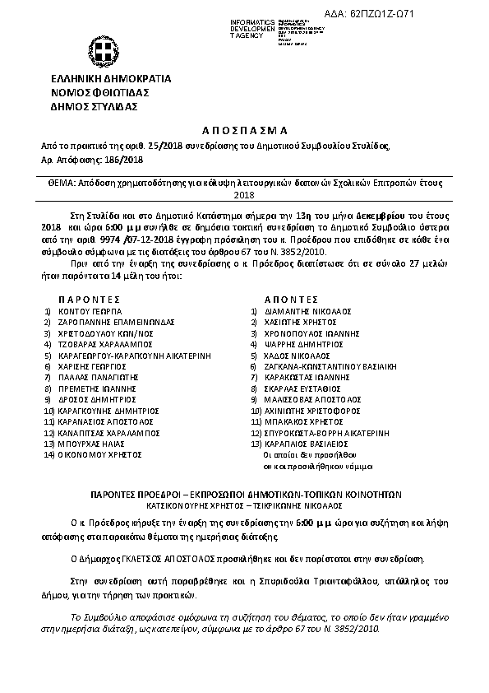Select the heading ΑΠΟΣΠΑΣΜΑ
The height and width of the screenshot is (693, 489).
(244, 130)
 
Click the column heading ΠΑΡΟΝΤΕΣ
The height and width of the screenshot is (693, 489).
(90, 300)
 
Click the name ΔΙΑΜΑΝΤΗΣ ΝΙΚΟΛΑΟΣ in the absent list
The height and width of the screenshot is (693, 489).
(307, 313)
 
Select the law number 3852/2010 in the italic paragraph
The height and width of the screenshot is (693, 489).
(359, 628)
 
